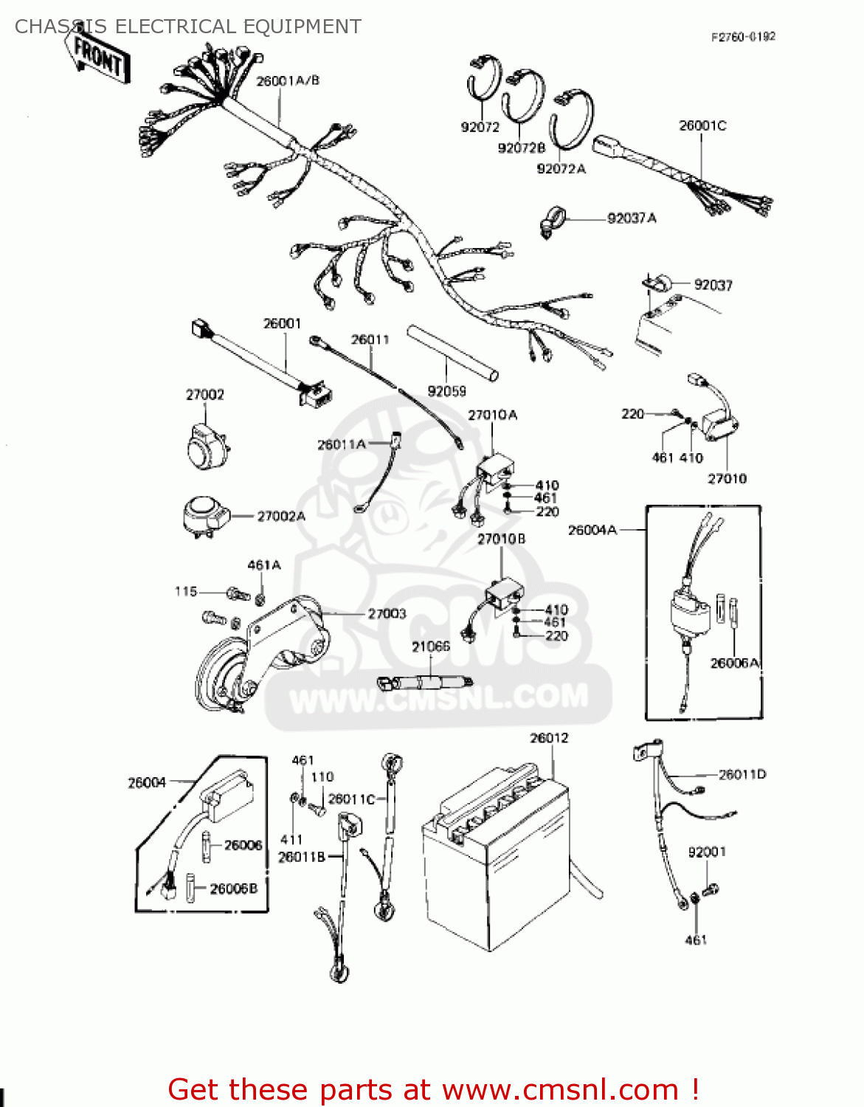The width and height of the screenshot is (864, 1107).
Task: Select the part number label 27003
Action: tap(387, 614)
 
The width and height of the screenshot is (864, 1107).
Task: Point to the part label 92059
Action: tap(447, 391)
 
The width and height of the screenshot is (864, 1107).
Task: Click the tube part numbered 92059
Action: tap(452, 352)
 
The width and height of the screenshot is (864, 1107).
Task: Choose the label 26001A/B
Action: tap(288, 80)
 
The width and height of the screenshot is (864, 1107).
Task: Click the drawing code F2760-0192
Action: tap(743, 37)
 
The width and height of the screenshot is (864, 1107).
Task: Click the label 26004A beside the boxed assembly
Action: tap(592, 530)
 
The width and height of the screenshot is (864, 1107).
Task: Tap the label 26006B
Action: tap(234, 889)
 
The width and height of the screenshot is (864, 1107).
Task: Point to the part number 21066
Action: tap(431, 646)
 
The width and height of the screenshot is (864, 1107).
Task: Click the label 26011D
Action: tap(742, 774)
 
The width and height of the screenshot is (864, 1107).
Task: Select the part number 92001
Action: tap(707, 852)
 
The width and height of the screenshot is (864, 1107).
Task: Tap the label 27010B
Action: tap(502, 539)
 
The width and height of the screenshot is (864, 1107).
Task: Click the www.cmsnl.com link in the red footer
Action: tap(560, 1089)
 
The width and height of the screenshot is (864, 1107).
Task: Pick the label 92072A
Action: tap(561, 169)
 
